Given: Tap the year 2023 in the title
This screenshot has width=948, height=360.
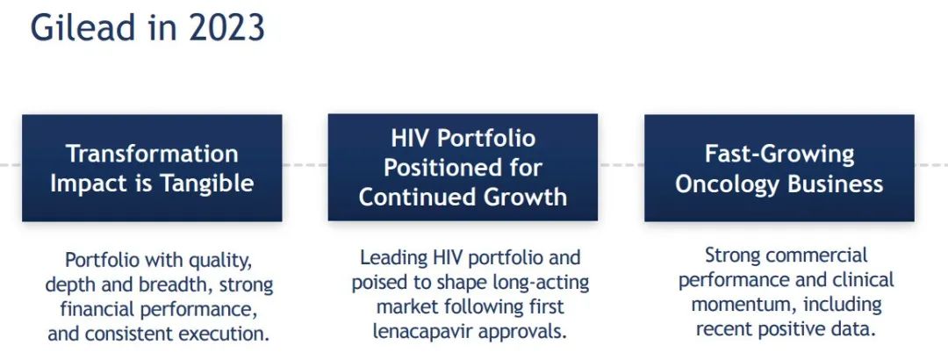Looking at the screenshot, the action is tap(226, 28).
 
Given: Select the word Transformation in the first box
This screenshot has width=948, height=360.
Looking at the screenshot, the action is tap(152, 154).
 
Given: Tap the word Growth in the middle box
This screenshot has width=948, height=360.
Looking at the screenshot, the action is tap(518, 198).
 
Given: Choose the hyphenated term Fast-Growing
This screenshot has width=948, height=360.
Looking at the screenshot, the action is tap(779, 155).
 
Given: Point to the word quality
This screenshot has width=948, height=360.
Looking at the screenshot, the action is tap(220, 261).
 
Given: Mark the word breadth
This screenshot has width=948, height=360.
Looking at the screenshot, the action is tap(178, 285).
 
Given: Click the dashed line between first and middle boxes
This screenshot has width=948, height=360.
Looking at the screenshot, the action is tap(305, 164).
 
